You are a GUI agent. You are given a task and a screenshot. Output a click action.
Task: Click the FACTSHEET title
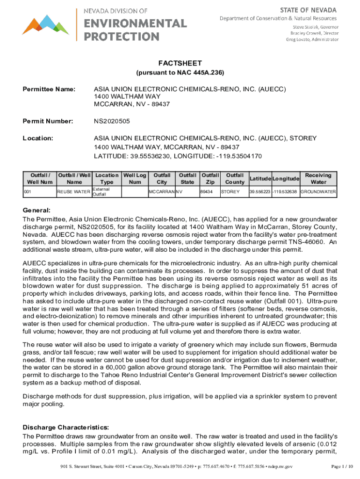(x=180, y=63)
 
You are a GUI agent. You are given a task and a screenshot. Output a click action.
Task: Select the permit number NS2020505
(x=112, y=122)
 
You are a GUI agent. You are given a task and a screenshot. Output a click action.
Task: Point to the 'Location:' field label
(x=38, y=138)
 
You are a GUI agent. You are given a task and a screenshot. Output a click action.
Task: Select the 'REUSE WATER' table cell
(x=73, y=192)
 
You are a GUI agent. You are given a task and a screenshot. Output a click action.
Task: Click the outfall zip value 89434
(x=206, y=192)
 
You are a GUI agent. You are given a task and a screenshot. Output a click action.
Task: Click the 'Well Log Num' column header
(x=135, y=178)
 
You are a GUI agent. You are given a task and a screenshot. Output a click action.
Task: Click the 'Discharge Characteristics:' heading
(x=66, y=427)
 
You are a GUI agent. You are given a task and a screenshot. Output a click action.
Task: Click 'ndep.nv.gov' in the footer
(x=279, y=466)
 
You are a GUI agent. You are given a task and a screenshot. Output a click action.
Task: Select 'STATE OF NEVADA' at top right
(x=314, y=10)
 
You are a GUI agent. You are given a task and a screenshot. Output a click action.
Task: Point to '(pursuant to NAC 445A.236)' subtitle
(x=180, y=73)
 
